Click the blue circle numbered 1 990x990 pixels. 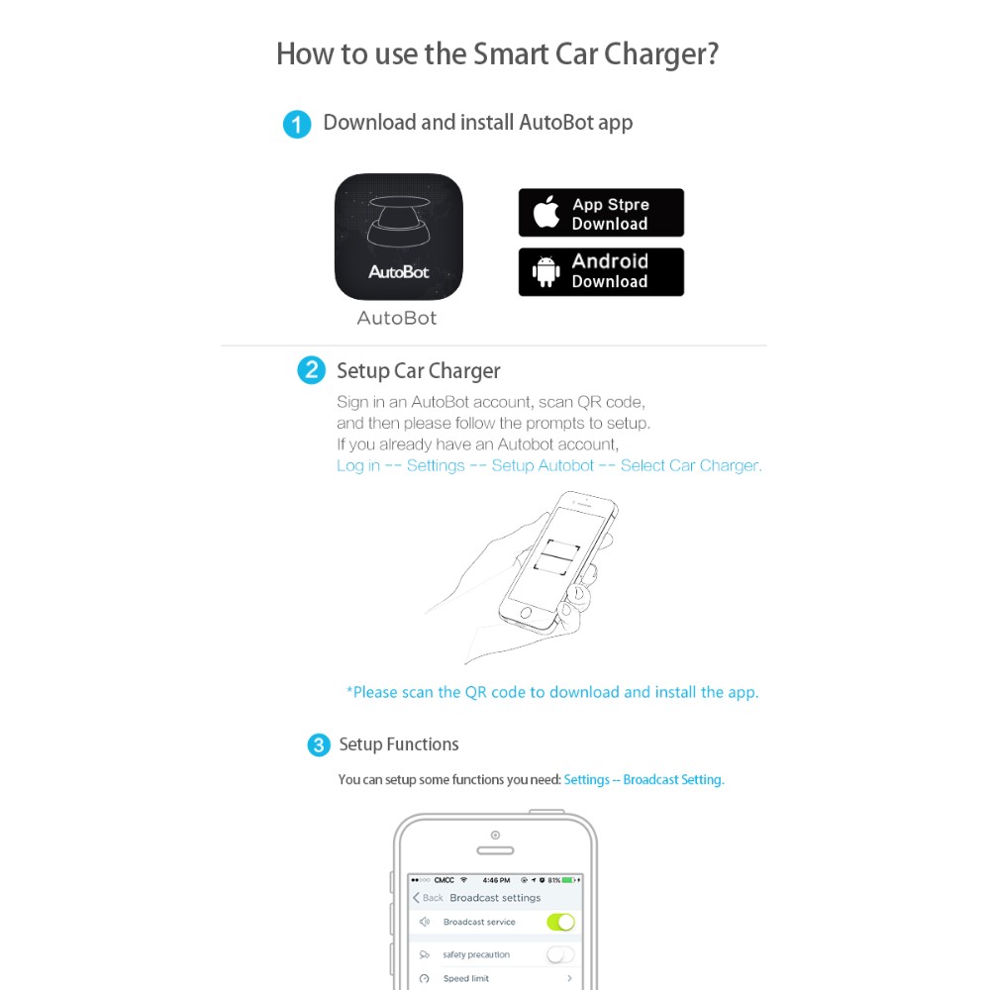(297, 124)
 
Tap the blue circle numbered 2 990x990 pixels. (311, 370)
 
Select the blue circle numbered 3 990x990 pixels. (319, 745)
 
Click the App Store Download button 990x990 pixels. (601, 213)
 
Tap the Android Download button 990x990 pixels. (601, 272)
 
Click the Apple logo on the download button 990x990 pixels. (546, 211)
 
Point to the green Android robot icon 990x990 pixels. (546, 271)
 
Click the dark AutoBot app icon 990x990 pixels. (398, 237)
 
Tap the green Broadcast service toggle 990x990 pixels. (560, 922)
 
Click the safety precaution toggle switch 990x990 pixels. (560, 954)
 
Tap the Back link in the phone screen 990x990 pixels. (428, 897)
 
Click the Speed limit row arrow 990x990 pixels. (569, 978)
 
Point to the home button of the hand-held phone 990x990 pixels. (526, 613)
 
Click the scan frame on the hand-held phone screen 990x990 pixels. (556, 556)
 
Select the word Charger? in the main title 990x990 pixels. (661, 54)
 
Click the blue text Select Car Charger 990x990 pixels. (691, 465)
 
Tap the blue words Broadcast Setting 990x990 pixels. (673, 780)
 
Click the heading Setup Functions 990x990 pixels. (399, 744)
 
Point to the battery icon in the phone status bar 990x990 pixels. (569, 879)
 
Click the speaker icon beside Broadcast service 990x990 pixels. (425, 922)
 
